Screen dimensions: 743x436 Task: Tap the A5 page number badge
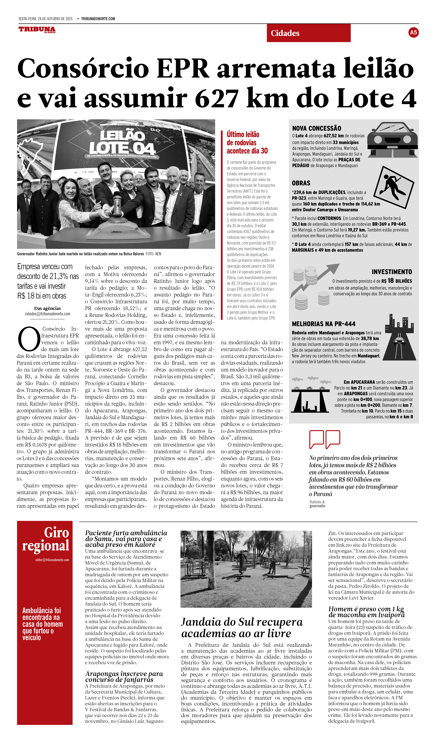click(413, 32)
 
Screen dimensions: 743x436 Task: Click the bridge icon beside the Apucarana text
click(310, 395)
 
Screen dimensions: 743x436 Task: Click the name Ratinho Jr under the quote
click(317, 502)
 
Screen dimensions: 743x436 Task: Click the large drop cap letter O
click(29, 339)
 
